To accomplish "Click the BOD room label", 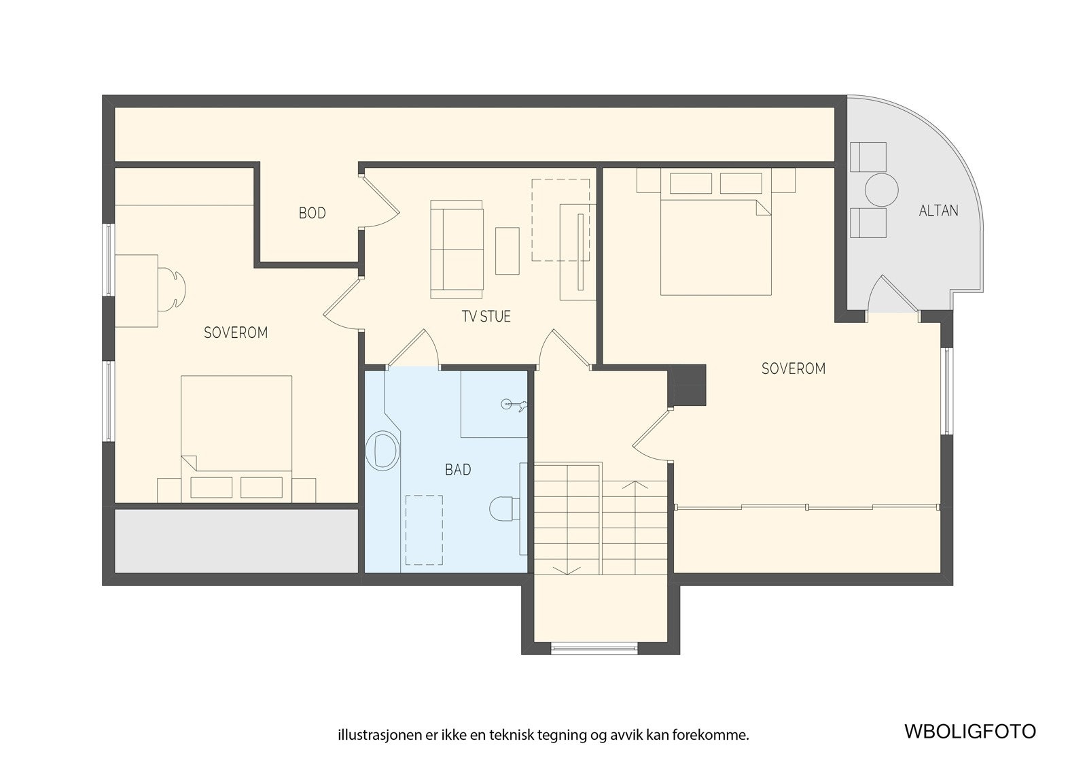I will (312, 213).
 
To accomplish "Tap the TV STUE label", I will (486, 316).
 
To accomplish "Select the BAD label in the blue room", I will (458, 470).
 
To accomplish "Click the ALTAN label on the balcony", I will (938, 211).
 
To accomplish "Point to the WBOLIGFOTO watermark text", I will (969, 732).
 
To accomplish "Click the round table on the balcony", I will (881, 190).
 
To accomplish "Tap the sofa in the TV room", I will (457, 249).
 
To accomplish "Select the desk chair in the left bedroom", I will (171, 290).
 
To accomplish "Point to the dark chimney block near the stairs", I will (688, 385).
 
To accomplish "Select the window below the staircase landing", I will (594, 648).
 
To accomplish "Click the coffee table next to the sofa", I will (507, 251).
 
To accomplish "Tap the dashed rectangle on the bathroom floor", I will (424, 530).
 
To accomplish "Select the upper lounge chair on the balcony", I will (868, 156).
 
